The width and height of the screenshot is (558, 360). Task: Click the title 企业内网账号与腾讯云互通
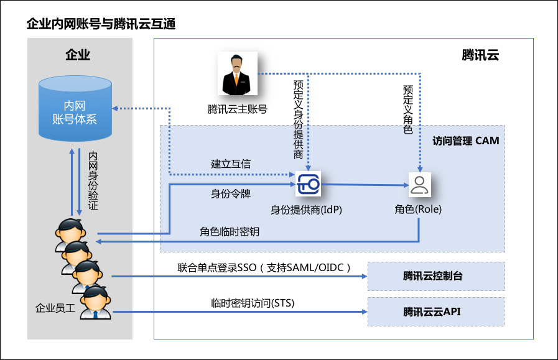101,25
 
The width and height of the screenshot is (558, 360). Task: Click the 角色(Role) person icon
419,185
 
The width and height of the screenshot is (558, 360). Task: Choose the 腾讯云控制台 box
435,276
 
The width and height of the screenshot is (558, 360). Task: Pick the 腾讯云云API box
435,312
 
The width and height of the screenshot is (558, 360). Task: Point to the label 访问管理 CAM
466,141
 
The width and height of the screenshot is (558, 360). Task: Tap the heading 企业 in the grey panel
78,55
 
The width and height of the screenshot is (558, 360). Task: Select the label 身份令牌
231,193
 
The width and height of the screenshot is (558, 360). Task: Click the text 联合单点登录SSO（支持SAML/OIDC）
264,267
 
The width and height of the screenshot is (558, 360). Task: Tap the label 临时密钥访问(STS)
253,303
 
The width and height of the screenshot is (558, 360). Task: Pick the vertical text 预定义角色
408,109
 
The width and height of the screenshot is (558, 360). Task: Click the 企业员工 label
55,308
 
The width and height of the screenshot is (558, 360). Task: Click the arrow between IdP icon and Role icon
364,185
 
